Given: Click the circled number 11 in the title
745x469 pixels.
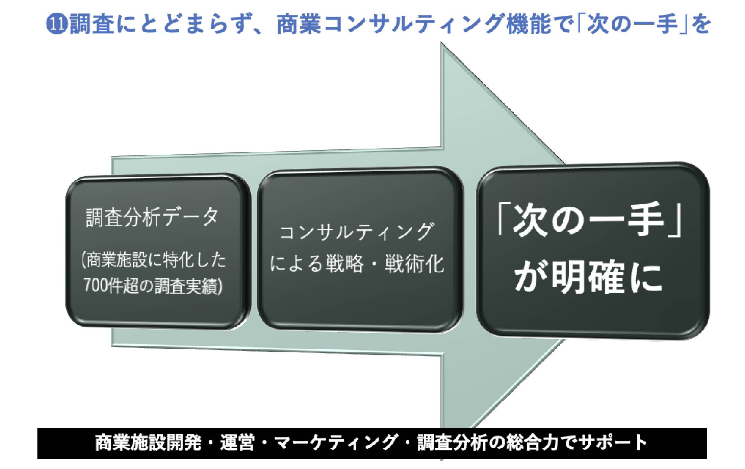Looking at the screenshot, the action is click(x=58, y=25).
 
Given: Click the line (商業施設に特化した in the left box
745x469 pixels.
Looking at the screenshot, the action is click(x=153, y=260).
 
